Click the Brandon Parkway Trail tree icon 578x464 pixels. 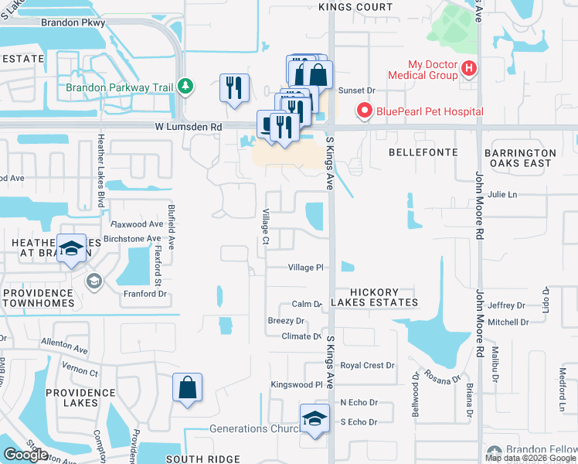tap(185, 86)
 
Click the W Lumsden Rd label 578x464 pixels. tap(188, 126)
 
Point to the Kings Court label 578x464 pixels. tap(355, 7)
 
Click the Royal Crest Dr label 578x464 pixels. tap(368, 365)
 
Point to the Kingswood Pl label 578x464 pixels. tap(296, 384)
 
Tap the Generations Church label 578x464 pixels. tap(253, 429)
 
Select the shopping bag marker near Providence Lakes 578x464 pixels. tap(188, 388)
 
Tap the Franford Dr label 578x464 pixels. tap(145, 294)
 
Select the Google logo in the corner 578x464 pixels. tap(25, 455)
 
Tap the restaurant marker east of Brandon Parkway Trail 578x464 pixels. tap(234, 87)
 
